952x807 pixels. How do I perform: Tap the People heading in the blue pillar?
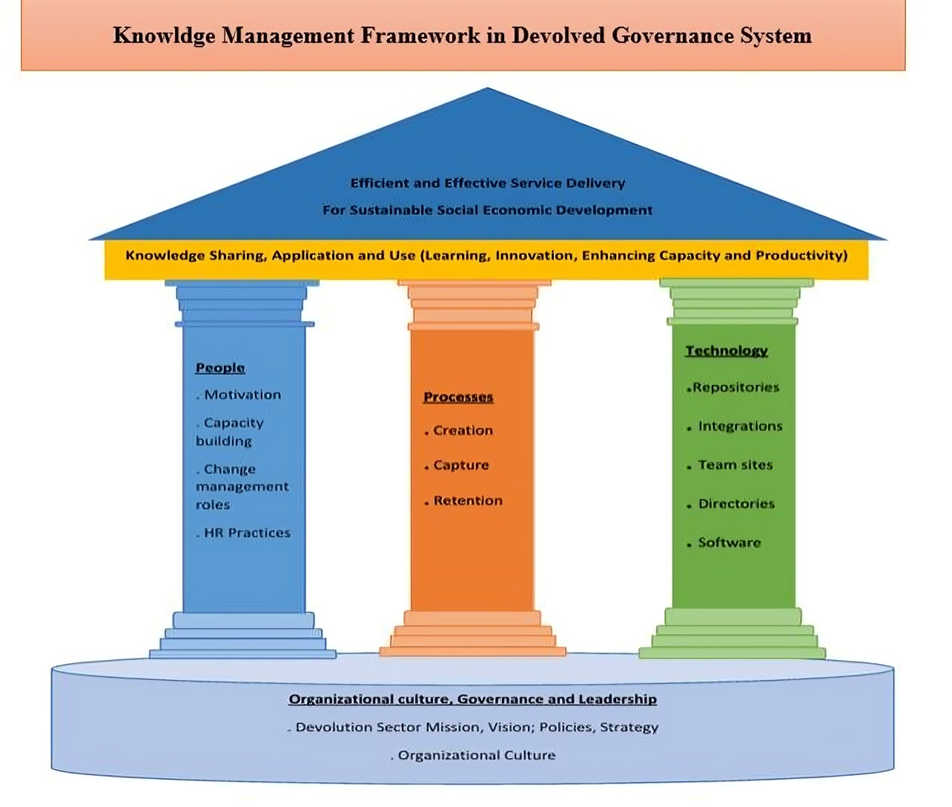(x=220, y=368)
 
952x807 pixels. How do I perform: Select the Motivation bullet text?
(x=242, y=395)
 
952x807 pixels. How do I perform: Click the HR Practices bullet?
(x=247, y=533)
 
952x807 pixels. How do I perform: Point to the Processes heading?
(x=458, y=398)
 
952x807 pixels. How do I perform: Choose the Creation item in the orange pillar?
(x=463, y=431)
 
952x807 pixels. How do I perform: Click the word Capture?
(x=461, y=466)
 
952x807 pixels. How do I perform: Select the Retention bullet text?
(x=468, y=501)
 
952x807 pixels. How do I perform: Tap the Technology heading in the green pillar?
(x=726, y=351)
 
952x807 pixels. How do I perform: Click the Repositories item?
(x=736, y=387)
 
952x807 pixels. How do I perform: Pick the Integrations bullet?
(x=740, y=426)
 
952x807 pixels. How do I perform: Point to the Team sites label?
(x=736, y=465)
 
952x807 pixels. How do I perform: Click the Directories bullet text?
(x=736, y=504)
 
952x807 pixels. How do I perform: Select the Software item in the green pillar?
(x=730, y=543)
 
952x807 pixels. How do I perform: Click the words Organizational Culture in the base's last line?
(x=477, y=756)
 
